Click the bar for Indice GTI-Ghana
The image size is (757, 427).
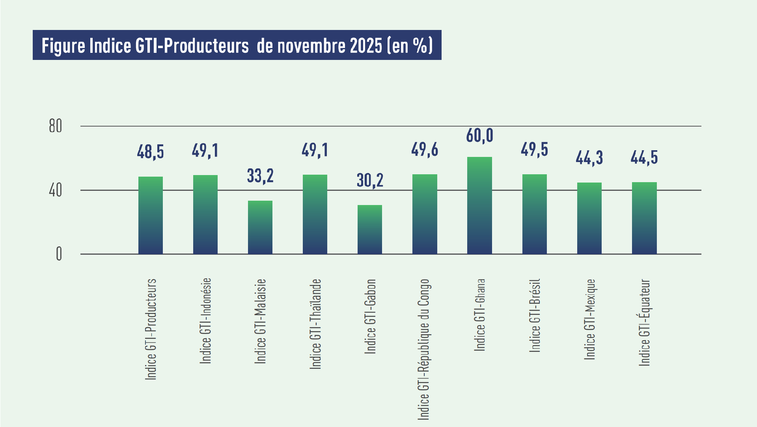click(479, 205)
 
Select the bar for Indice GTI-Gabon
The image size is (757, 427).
click(370, 229)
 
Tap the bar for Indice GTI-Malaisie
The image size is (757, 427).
click(260, 227)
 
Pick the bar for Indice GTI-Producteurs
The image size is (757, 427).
click(151, 215)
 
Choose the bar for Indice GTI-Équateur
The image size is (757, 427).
click(644, 218)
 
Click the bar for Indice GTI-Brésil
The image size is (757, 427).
click(535, 214)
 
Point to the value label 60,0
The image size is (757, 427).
click(479, 136)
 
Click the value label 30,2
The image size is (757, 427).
click(370, 180)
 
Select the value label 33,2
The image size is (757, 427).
click(260, 176)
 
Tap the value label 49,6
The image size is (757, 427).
click(425, 150)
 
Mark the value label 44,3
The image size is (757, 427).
click(589, 158)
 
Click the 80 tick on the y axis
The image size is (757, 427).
click(56, 126)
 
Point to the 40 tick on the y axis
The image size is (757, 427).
click(56, 190)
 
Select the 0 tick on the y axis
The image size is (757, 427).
click(59, 254)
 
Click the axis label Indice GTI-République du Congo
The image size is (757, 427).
click(423, 349)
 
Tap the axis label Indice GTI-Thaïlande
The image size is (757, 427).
click(315, 324)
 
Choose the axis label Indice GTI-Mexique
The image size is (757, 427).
click(589, 319)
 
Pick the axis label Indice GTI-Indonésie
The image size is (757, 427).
click(205, 321)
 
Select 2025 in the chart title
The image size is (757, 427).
click(366, 46)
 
